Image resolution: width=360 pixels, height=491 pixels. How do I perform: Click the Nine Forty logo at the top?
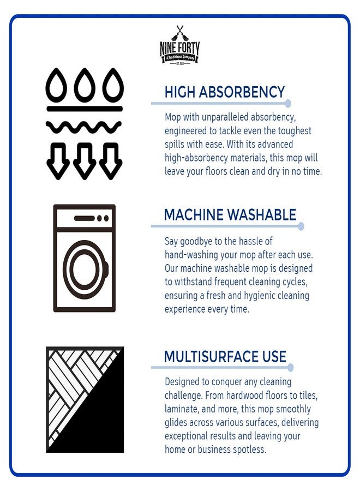179,45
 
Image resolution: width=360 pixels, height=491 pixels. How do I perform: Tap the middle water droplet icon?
85,84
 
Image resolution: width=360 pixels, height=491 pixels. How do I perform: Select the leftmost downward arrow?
58,160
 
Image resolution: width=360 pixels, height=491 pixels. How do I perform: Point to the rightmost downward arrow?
111,160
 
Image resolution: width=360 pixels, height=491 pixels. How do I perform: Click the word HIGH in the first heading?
179,92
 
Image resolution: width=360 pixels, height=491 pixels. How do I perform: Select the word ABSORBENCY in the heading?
242,92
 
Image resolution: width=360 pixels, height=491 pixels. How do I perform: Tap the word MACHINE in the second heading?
194,215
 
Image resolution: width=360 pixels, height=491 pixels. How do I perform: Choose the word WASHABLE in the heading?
261,215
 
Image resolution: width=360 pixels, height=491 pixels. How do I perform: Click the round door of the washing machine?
85,270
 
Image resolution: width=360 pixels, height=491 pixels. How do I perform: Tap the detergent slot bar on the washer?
84,218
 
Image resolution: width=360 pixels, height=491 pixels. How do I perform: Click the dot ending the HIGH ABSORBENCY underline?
288,103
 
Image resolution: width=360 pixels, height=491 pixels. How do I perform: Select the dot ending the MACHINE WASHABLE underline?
301,226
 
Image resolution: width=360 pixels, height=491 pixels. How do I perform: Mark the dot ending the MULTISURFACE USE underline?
290,367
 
